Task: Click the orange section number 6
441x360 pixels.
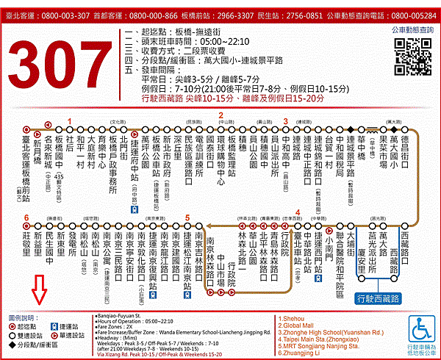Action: pyautogui.click(x=26, y=218)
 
